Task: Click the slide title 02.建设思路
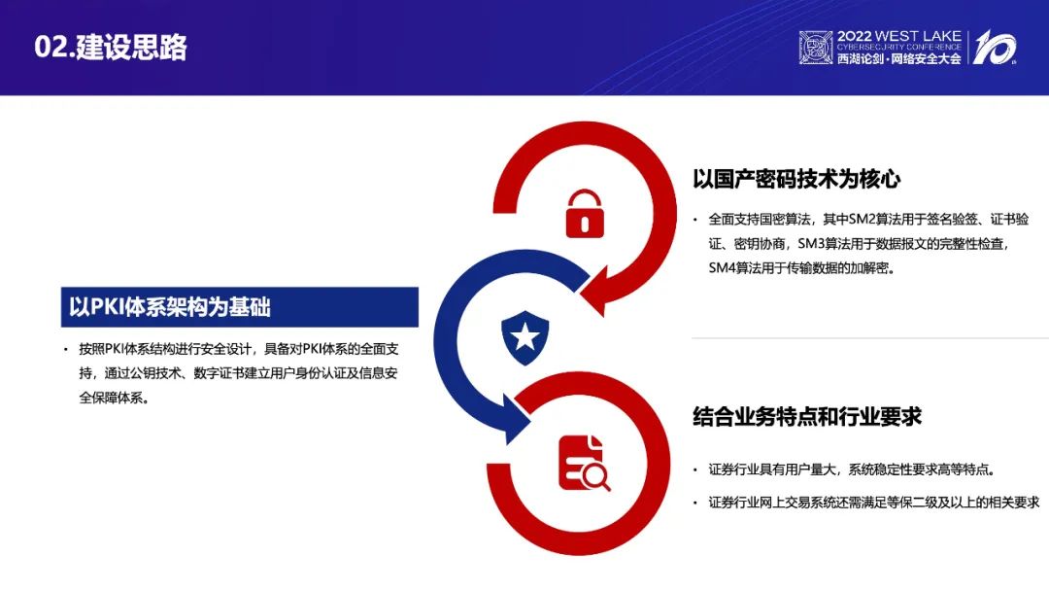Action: click(x=111, y=47)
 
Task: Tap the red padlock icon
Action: click(x=585, y=214)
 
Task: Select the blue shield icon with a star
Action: click(x=525, y=337)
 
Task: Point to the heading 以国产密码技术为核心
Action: click(x=796, y=179)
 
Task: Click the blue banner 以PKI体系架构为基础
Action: click(x=240, y=307)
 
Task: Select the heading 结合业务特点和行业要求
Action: click(x=807, y=416)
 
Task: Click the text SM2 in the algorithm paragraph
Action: click(x=863, y=219)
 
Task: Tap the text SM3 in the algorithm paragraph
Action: click(x=811, y=244)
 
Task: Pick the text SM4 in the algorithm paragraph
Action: click(x=722, y=267)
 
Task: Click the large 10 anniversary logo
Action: click(x=995, y=47)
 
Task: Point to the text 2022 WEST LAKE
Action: click(x=898, y=36)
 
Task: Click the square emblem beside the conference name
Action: click(x=816, y=48)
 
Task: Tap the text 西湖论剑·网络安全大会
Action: click(x=898, y=59)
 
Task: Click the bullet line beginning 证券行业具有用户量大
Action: click(x=852, y=469)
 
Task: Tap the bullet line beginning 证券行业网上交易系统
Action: click(x=874, y=502)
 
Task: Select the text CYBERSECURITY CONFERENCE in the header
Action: click(x=898, y=48)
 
